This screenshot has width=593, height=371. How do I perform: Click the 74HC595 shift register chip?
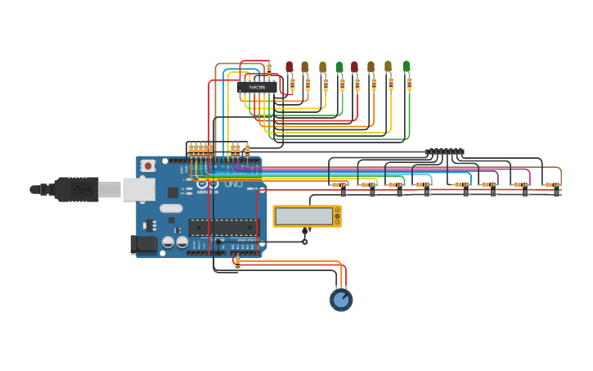pyautogui.click(x=257, y=87)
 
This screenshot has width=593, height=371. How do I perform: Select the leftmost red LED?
pyautogui.click(x=289, y=66)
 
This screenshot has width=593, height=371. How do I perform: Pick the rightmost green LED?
pyautogui.click(x=406, y=66)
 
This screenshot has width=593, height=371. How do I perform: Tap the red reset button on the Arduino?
pyautogui.click(x=148, y=165)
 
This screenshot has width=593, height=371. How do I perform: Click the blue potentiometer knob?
pyautogui.click(x=341, y=300)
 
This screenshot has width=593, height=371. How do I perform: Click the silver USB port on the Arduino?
pyautogui.click(x=137, y=189)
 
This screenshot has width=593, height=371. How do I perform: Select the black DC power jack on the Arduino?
pyautogui.click(x=143, y=243)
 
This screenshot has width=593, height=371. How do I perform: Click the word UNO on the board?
pyautogui.click(x=233, y=185)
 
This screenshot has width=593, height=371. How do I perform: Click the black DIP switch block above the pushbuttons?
pyautogui.click(x=445, y=152)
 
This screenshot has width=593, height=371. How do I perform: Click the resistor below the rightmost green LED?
pyautogui.click(x=409, y=84)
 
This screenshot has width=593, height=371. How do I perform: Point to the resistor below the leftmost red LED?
pyautogui.click(x=292, y=84)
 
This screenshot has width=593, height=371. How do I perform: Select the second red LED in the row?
pyautogui.click(x=354, y=66)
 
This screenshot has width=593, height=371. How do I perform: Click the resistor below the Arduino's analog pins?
pyautogui.click(x=237, y=262)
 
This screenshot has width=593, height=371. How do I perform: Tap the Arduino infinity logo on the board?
pyautogui.click(x=208, y=185)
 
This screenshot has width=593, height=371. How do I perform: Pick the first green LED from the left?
pyautogui.click(x=339, y=66)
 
